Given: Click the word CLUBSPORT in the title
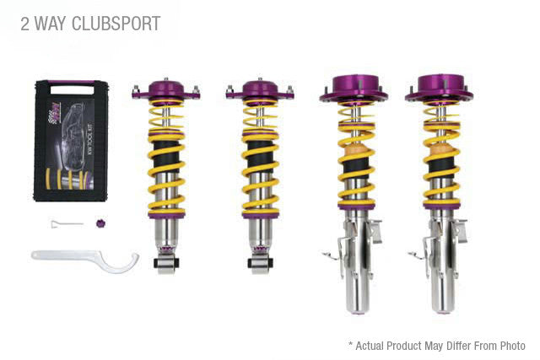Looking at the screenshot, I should click(x=115, y=24).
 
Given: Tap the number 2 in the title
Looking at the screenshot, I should click(x=26, y=24).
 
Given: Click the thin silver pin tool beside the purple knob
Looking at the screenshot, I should click(x=64, y=223).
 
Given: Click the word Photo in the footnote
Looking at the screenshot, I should click(x=510, y=346).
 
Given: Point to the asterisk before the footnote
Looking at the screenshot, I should click(x=350, y=345).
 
